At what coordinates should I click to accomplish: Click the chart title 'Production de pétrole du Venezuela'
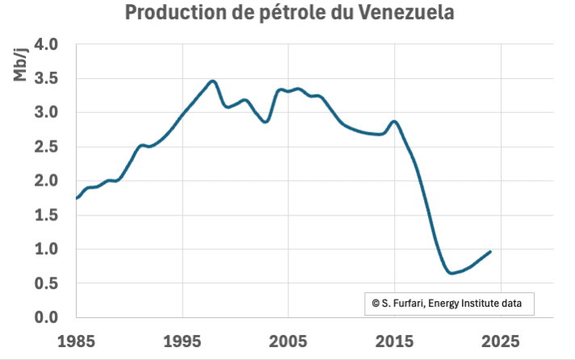pos(288,14)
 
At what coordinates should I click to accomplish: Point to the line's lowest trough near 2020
pos(451,273)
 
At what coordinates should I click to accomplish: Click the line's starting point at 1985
pos(77,198)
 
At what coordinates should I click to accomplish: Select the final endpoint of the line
pos(490,252)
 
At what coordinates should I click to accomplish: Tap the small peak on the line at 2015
pos(394,121)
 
